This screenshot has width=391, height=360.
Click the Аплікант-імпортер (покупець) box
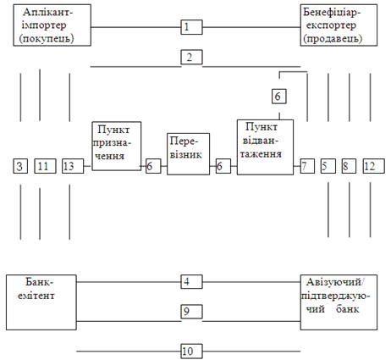52,25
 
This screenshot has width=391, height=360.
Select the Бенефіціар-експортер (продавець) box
339,25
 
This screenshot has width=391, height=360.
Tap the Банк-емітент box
41,302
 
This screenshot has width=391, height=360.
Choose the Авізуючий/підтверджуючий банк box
339,302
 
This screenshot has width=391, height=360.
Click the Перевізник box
188,154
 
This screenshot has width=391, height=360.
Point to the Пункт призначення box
117,146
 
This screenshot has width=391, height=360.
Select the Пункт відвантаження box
265,147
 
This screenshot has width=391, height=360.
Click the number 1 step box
191,27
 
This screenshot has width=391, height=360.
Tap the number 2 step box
191,58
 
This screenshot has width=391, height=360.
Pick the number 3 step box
20,166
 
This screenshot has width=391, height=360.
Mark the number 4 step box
191,281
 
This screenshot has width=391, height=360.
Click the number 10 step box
191,352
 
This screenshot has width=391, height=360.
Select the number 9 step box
191,312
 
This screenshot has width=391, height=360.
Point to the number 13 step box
73,166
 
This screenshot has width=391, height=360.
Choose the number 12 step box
373,166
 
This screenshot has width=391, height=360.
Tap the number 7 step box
307,166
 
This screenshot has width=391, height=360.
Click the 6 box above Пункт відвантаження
279,96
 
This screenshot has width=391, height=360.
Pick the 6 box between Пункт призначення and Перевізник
153,166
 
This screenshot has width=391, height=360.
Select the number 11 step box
45,166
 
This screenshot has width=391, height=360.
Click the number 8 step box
349,166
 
